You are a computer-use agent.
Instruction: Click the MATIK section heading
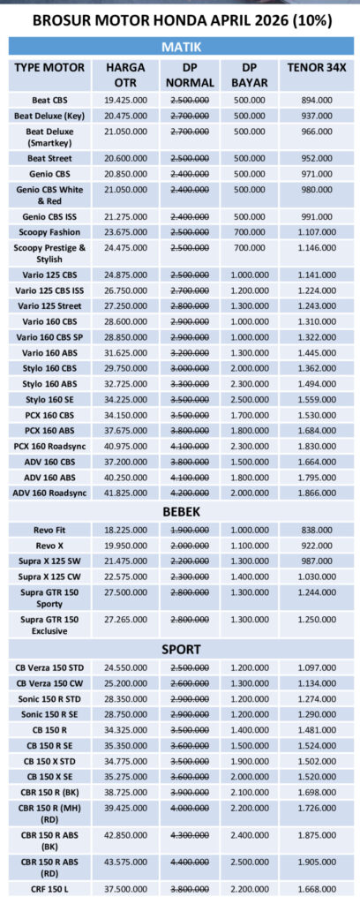179,45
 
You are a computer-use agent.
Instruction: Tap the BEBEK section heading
179,511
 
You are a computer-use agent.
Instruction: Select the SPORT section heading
179,649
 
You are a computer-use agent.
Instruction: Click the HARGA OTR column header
125,74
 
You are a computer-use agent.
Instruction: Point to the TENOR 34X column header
315,67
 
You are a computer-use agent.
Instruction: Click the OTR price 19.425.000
125,102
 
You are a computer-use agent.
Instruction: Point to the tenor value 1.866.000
315,492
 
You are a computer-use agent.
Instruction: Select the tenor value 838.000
315,530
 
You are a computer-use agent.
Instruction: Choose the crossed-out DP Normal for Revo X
189,546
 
